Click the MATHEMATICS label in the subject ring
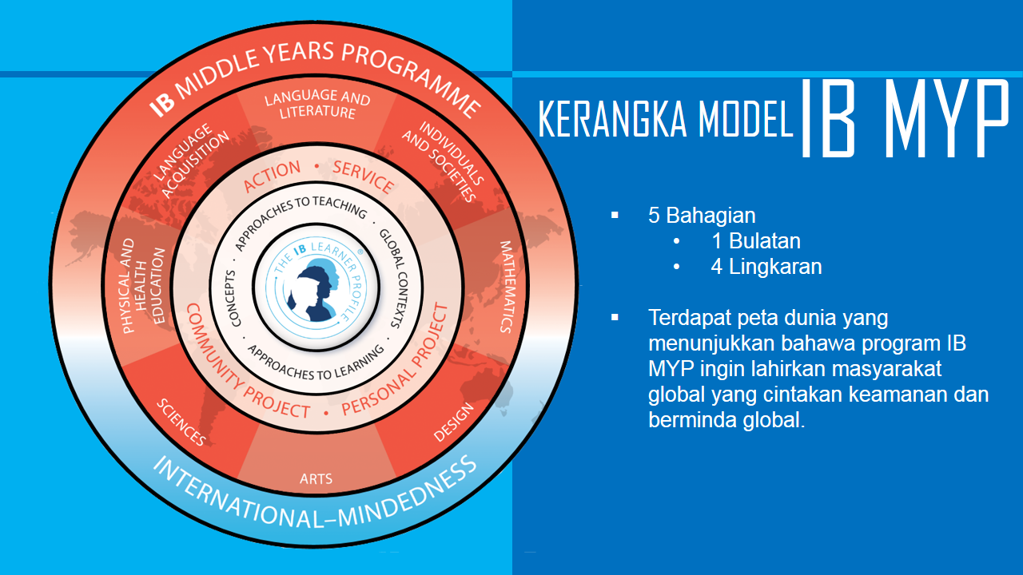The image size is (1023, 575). click(x=507, y=287)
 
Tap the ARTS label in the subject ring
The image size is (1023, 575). click(x=316, y=478)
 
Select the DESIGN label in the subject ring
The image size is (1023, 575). click(x=453, y=422)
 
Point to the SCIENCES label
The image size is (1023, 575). click(x=181, y=422)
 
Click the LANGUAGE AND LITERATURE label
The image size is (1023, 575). click(x=317, y=104)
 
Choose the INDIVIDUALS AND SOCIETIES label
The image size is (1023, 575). click(x=443, y=161)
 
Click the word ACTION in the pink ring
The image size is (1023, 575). click(x=273, y=176)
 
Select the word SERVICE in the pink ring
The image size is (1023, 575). click(x=363, y=176)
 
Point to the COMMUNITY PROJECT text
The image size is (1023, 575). click(x=243, y=366)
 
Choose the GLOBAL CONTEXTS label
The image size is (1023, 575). click(x=395, y=279)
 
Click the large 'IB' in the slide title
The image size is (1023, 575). click(x=827, y=117)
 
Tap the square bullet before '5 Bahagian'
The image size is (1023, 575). click(x=615, y=215)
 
